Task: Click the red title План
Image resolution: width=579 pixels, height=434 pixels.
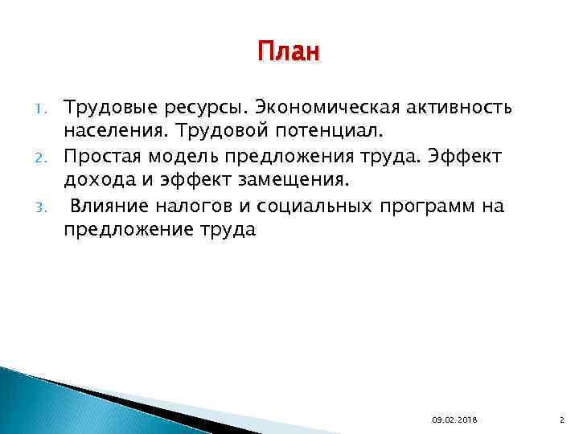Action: [x=289, y=53]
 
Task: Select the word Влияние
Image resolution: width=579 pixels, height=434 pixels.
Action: [x=109, y=207]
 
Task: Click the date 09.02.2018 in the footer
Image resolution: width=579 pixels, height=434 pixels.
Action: [x=454, y=419]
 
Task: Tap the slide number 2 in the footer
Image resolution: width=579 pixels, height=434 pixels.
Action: [x=560, y=419]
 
